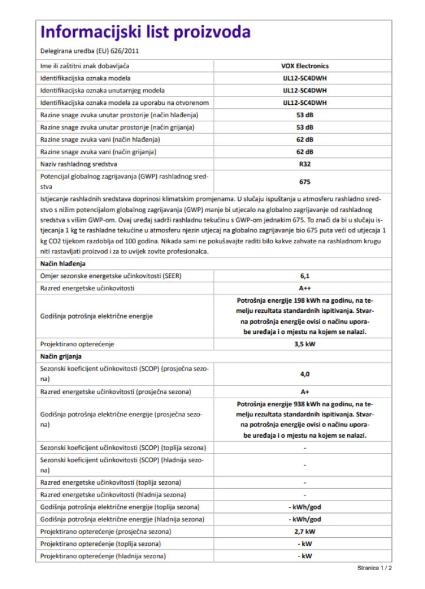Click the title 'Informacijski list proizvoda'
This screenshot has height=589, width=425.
pyautogui.click(x=145, y=32)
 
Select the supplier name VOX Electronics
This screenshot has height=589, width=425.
pyautogui.click(x=305, y=65)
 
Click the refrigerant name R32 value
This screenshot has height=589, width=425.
pyautogui.click(x=305, y=164)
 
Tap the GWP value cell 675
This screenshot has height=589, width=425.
pyautogui.click(x=305, y=183)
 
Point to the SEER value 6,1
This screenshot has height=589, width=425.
pyautogui.click(x=305, y=276)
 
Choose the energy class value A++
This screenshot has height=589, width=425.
pyautogui.click(x=305, y=288)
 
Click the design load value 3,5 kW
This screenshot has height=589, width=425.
pyautogui.click(x=305, y=343)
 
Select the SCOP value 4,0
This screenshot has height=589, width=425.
pyautogui.click(x=305, y=373)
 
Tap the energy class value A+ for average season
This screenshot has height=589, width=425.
pyautogui.click(x=305, y=392)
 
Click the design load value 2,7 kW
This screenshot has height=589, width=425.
pyautogui.click(x=305, y=531)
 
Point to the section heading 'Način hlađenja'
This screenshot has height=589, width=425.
pyautogui.click(x=63, y=263)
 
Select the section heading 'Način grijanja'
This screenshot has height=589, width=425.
pyautogui.click(x=62, y=356)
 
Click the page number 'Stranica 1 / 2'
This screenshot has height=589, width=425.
pyautogui.click(x=374, y=569)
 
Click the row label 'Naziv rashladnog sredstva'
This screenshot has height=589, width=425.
pyautogui.click(x=80, y=164)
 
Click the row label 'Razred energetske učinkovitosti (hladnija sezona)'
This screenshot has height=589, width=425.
pyautogui.click(x=113, y=494)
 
